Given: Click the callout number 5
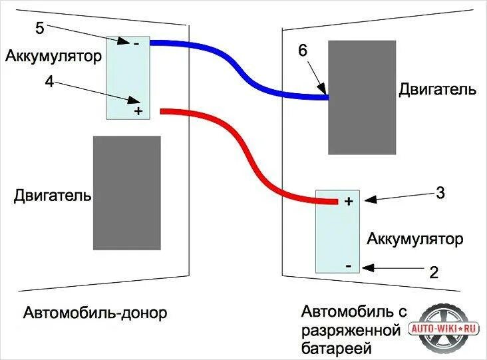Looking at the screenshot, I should click(40, 29).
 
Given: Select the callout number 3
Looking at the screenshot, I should click(440, 194).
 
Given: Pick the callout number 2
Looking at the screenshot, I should click(434, 271).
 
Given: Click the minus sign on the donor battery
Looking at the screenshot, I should click(136, 44).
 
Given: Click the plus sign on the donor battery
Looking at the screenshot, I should click(138, 110).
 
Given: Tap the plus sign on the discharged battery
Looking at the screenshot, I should click(348, 201).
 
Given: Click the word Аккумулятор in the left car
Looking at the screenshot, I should click(53, 56).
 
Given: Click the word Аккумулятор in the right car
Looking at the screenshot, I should click(414, 238).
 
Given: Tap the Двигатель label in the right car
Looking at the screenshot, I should click(437, 90).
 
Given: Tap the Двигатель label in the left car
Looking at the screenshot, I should click(53, 196).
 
